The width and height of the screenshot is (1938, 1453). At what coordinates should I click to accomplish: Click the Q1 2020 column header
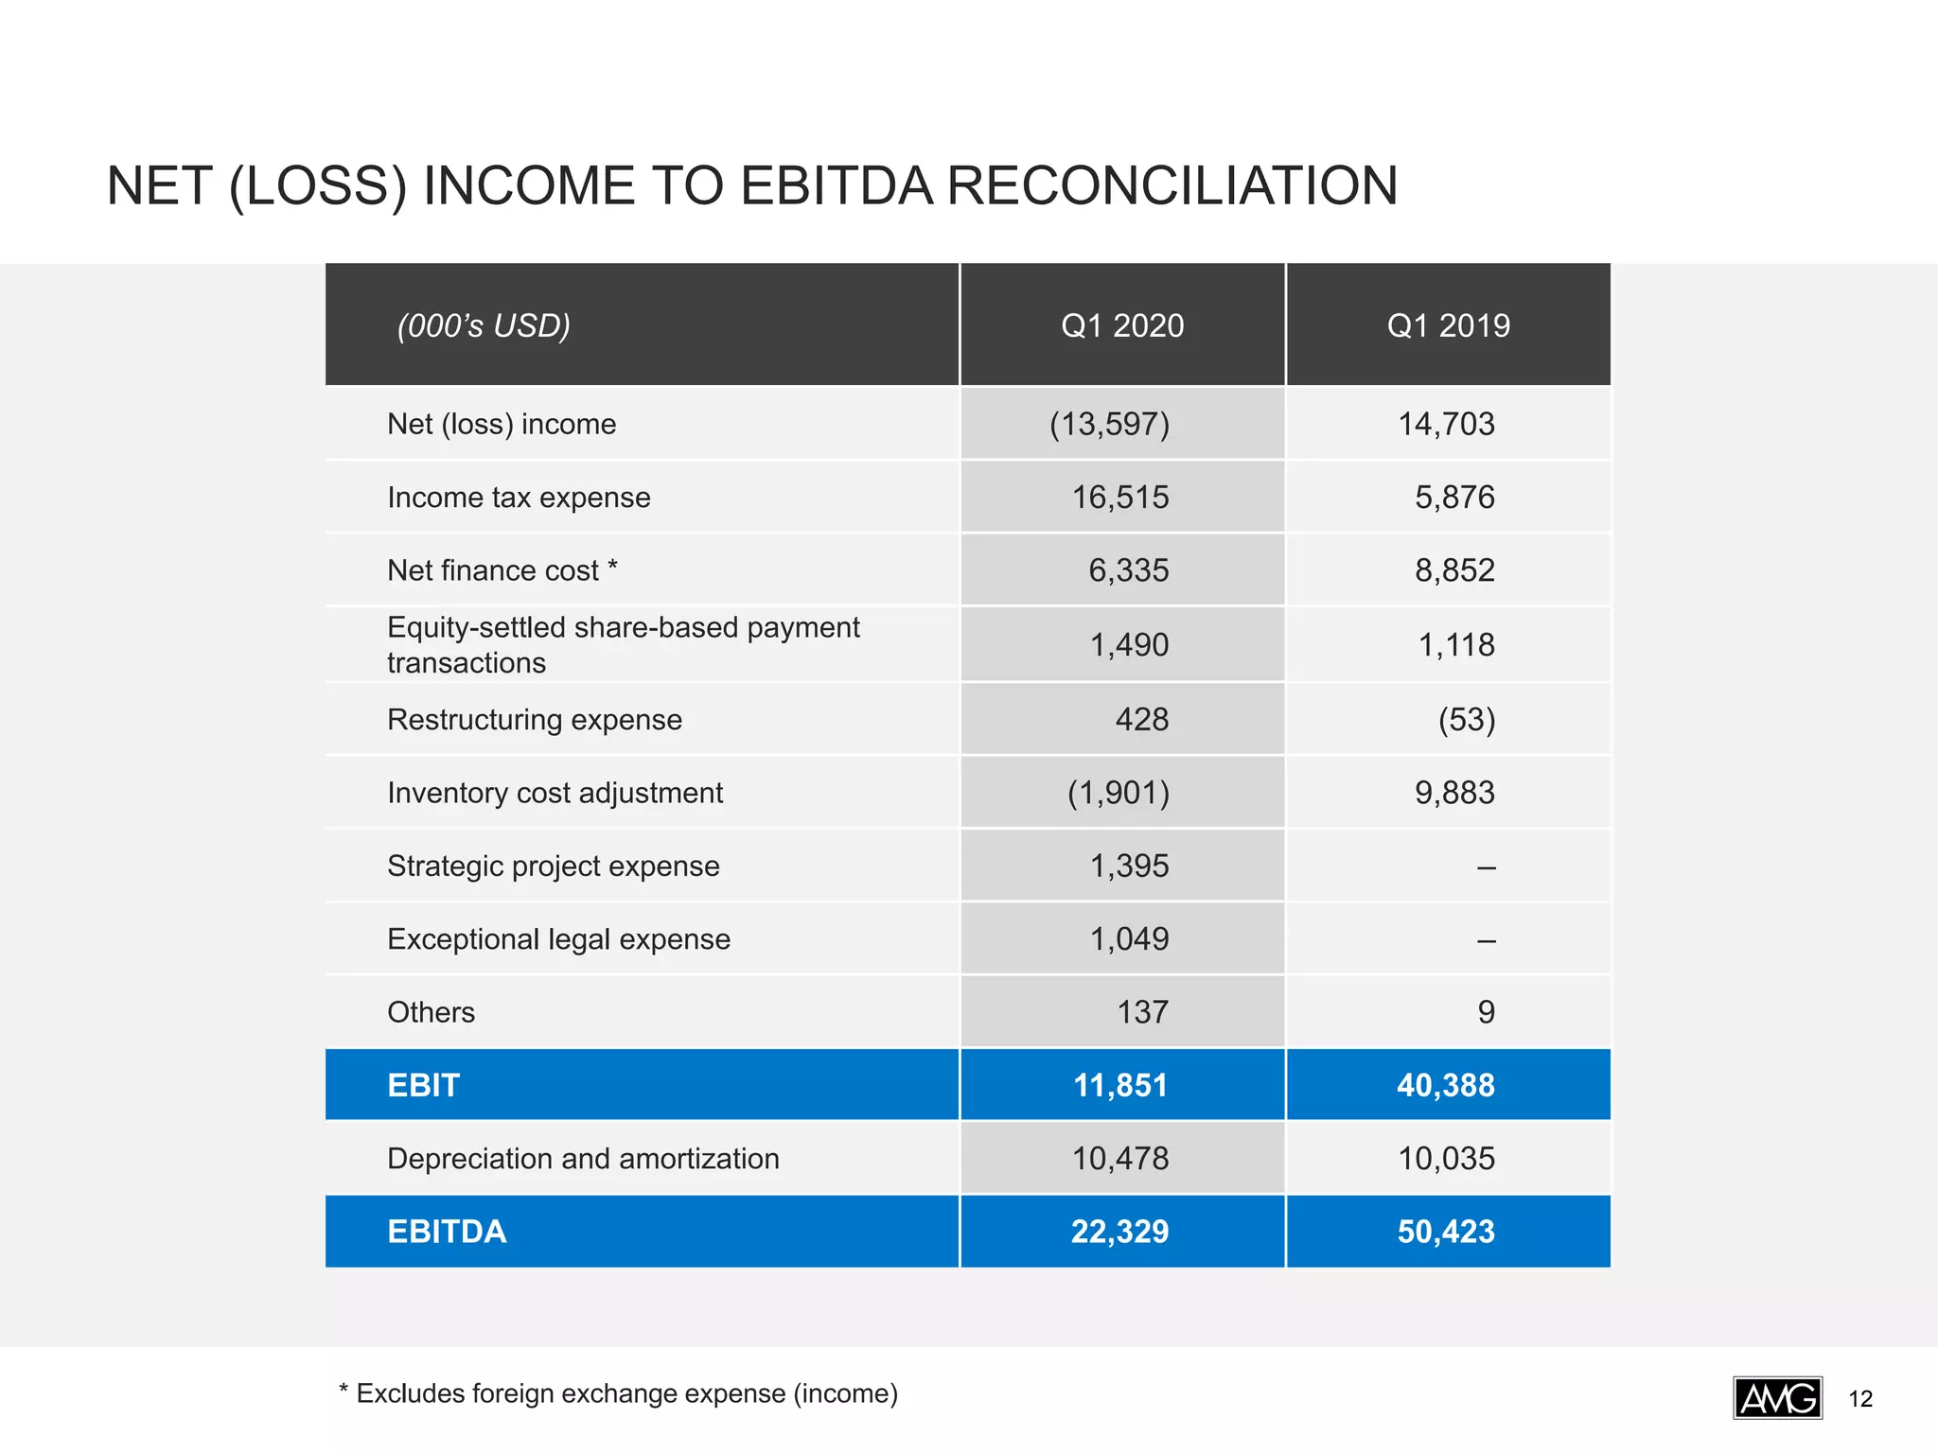[1122, 325]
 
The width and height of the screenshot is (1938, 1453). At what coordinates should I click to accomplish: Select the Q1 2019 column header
[1448, 325]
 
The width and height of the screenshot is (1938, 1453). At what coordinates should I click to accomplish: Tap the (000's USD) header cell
[484, 325]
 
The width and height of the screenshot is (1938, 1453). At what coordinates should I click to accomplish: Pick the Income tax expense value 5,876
[1454, 498]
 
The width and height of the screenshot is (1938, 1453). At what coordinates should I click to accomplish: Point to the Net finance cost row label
[502, 570]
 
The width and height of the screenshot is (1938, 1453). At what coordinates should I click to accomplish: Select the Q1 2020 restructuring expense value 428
[1141, 720]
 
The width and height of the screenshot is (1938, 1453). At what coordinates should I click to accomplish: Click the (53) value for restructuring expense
[1466, 720]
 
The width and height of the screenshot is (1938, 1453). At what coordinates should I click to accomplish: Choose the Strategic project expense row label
[553, 867]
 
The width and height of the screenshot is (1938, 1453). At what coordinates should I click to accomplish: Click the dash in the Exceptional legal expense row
[1486, 940]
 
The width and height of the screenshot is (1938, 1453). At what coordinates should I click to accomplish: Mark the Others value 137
[1142, 1012]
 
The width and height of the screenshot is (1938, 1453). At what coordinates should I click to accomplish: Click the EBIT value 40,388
[1446, 1085]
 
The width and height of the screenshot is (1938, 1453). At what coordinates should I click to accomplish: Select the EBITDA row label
[447, 1232]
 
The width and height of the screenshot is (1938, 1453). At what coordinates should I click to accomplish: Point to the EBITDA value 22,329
[1119, 1232]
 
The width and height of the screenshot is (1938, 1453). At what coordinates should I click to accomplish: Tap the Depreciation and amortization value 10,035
[1446, 1159]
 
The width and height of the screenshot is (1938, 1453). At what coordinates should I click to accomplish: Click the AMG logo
[1777, 1398]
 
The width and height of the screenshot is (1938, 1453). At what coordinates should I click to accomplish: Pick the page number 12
[1860, 1399]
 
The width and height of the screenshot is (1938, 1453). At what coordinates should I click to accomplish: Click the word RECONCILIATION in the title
[1172, 185]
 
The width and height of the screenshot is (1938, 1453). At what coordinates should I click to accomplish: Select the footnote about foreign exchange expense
[618, 1393]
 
